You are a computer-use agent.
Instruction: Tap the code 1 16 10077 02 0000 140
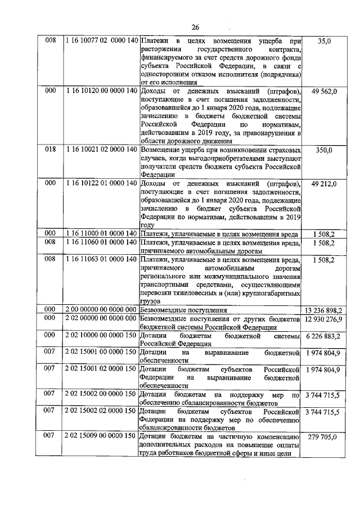pyautogui.click(x=101, y=41)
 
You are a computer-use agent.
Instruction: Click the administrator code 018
pyautogui.click(x=51, y=150)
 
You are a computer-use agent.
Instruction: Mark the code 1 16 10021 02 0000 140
pyautogui.click(x=101, y=150)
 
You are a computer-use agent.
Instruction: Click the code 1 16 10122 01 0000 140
pyautogui.click(x=101, y=183)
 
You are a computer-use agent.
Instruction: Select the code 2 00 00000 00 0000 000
pyautogui.click(x=101, y=310)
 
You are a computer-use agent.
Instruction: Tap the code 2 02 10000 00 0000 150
pyautogui.click(x=101, y=336)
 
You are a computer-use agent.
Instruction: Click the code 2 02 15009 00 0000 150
pyautogui.click(x=101, y=436)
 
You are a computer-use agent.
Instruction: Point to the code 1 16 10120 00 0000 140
pyautogui.click(x=101, y=91)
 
